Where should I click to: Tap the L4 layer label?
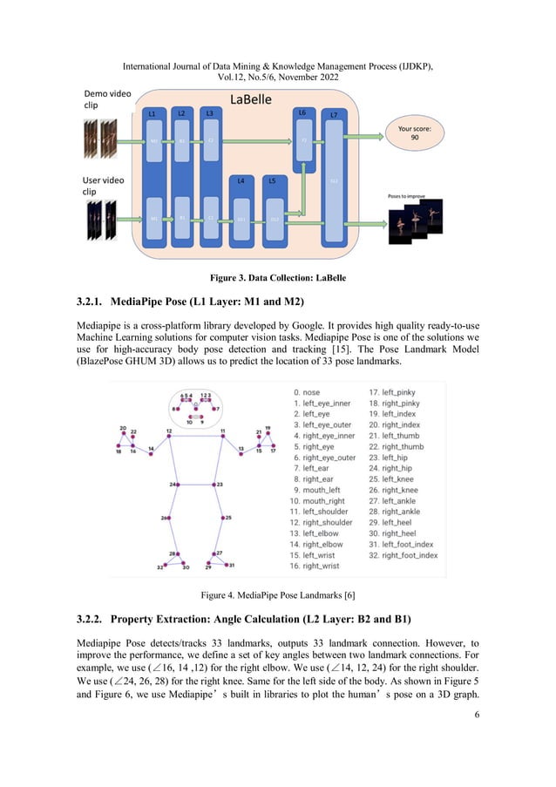[241, 180]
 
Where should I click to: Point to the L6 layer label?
[302, 112]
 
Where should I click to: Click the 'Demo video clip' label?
[103, 99]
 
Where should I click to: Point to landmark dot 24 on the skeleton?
[179, 484]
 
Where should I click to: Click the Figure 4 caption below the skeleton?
[277, 595]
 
